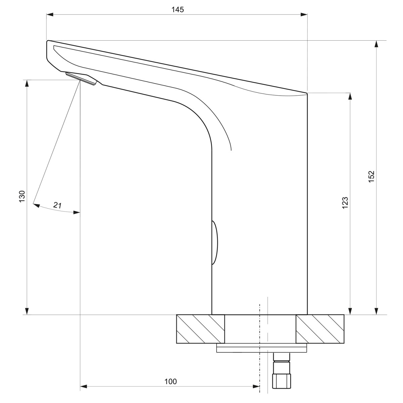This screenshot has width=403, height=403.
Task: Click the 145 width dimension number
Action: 178,9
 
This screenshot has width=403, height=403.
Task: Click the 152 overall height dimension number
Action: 371,176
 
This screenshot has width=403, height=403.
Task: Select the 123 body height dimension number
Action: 345,203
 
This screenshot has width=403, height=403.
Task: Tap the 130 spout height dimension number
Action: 22,196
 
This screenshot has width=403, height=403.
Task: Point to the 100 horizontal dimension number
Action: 170,382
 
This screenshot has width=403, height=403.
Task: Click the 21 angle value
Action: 57,205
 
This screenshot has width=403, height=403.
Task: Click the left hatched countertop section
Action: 200,329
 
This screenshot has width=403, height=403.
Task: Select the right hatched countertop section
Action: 320,329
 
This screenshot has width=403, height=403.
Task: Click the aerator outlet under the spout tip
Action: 81,78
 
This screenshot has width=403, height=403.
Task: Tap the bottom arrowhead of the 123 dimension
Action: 350,311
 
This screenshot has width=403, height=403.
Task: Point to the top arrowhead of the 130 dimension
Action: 27,83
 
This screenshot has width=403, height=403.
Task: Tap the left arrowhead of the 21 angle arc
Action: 36,205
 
